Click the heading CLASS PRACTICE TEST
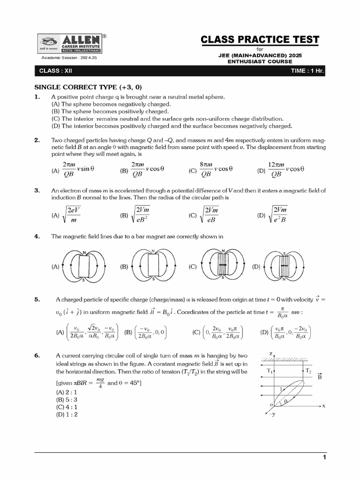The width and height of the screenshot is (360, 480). point(260,39)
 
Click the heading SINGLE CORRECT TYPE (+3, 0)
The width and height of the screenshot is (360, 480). point(88,87)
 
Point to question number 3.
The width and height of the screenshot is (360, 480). point(37,190)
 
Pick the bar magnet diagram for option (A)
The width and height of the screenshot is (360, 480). point(85,266)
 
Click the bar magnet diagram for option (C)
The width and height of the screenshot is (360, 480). point(223,266)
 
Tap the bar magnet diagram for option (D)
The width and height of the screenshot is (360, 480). point(284,266)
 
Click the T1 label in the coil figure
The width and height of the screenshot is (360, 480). point(270,371)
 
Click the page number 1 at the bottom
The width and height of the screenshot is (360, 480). point(323,457)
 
